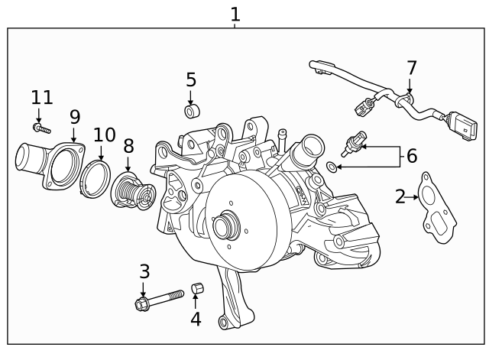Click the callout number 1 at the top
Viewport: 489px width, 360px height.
[235, 14]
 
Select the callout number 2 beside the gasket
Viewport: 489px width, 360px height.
[400, 196]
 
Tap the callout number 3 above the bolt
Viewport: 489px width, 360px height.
[144, 271]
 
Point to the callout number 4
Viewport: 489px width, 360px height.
[196, 318]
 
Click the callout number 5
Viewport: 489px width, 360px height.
[191, 79]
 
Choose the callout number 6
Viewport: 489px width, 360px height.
[411, 156]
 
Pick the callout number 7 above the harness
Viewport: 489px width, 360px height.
[412, 67]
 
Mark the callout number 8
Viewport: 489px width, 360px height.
[128, 145]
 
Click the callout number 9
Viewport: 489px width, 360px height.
[74, 116]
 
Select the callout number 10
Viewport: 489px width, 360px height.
[104, 135]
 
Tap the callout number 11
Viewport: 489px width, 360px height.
[42, 97]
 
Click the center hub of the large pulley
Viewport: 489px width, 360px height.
[223, 225]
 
